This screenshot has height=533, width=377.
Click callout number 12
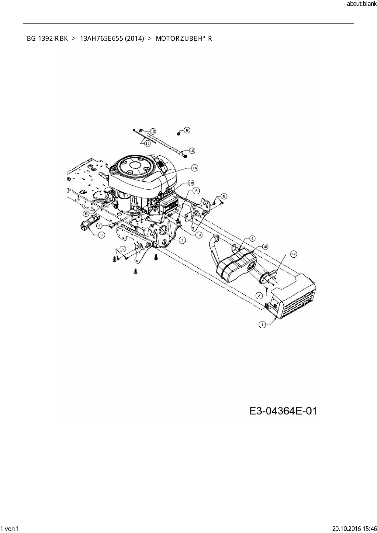[x=153, y=131]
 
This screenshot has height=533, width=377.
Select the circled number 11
[x=147, y=143]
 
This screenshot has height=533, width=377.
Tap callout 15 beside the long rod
[x=192, y=151]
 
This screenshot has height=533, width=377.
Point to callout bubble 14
[x=194, y=168]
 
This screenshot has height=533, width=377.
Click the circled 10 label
[x=191, y=183]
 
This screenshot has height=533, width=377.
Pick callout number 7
[x=100, y=226]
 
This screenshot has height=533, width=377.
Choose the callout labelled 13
[x=101, y=235]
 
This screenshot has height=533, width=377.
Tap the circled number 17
[x=293, y=254]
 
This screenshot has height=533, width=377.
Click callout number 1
[x=262, y=325]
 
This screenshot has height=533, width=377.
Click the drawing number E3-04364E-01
[x=283, y=411]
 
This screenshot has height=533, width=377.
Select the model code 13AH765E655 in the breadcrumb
[x=101, y=39]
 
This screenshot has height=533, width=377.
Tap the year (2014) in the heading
[x=134, y=39]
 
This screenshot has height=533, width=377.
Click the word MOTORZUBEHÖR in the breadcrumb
[x=184, y=39]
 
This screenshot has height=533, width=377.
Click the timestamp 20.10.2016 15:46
[x=355, y=528]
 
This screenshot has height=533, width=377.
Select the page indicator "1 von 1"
[x=10, y=528]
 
